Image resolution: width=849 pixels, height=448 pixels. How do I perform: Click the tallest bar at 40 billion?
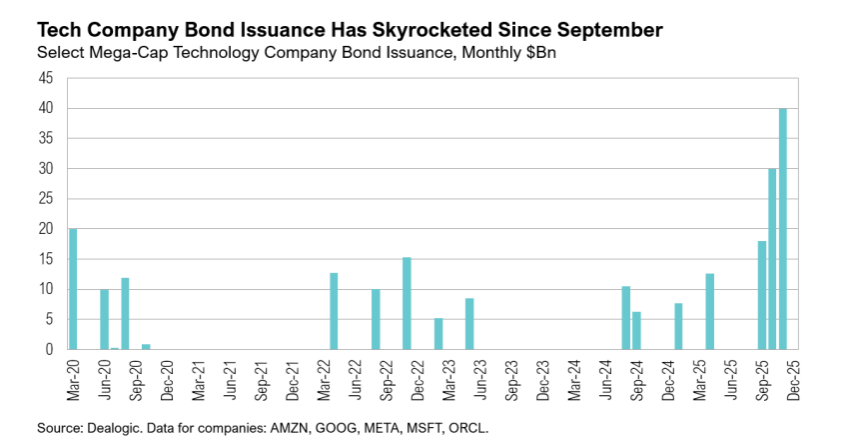783,229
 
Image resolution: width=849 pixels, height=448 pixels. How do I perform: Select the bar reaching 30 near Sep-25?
772,259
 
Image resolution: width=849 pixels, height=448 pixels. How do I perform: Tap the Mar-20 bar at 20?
73,289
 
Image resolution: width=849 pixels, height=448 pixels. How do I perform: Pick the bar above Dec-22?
407,303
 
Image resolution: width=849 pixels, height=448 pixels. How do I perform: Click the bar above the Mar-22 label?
334,311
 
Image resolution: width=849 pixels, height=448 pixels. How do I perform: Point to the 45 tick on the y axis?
46,78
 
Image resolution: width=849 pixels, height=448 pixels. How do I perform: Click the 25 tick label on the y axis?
46,199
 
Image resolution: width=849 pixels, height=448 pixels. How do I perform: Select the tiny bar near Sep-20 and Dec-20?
146,346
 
